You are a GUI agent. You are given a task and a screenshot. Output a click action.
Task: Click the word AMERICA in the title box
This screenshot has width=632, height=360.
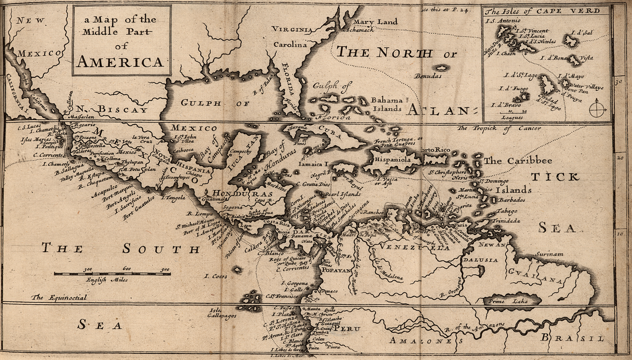pyautogui.click(x=120, y=62)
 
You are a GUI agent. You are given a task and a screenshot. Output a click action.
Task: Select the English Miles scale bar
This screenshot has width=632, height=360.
pyautogui.click(x=112, y=273)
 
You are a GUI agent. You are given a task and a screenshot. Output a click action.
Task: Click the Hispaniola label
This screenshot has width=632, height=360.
pyautogui.click(x=392, y=160)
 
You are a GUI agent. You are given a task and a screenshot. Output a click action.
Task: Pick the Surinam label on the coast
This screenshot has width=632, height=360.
pyautogui.click(x=549, y=255)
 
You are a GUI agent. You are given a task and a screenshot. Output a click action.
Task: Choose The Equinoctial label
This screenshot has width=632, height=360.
pyautogui.click(x=59, y=298)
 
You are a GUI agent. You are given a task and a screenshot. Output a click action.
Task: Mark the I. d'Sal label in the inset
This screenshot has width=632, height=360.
pyautogui.click(x=582, y=33)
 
